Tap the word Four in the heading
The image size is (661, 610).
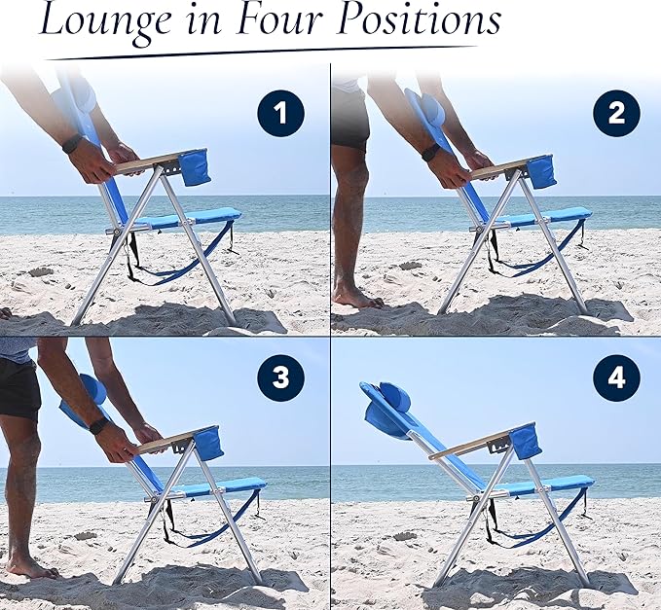276,20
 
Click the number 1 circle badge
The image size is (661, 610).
280,114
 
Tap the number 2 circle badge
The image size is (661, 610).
616,114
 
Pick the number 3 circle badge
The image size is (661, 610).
280,378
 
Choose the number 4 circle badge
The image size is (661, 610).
616,378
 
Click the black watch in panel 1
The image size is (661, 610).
71,144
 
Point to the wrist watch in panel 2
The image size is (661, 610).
430,153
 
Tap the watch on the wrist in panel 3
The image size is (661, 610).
98,426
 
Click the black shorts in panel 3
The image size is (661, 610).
19,387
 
